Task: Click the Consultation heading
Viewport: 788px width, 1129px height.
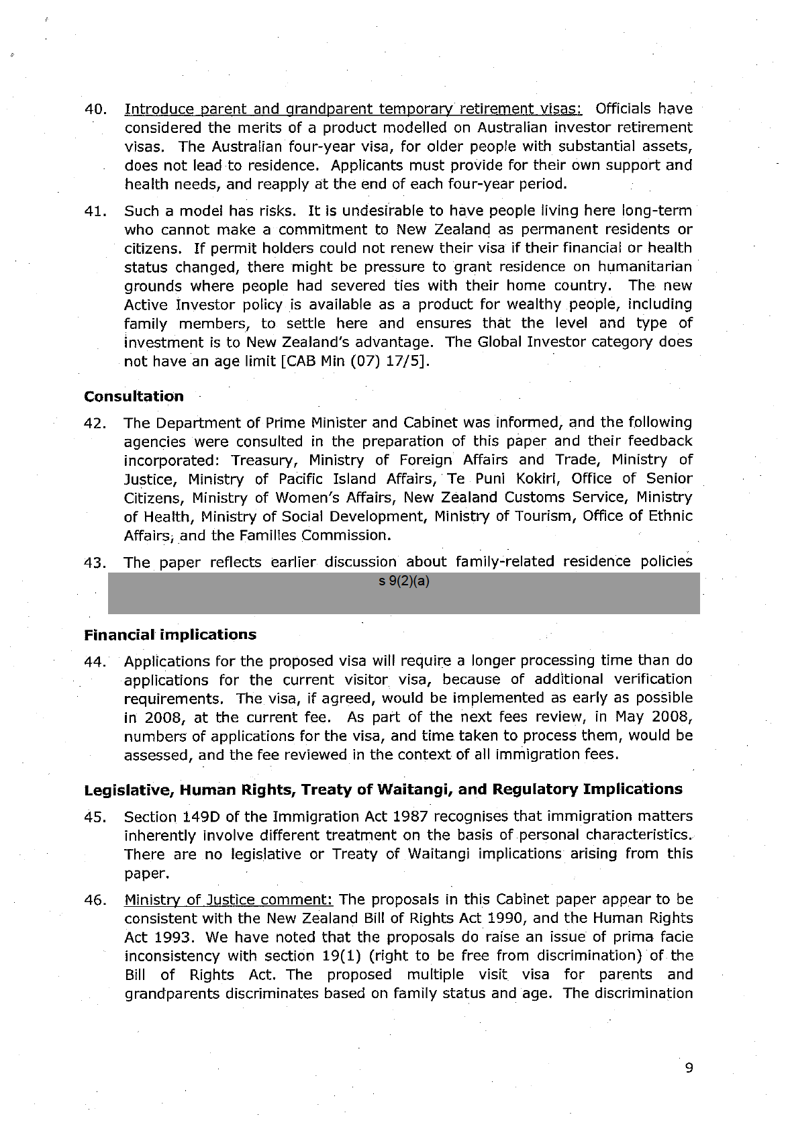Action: [x=134, y=396]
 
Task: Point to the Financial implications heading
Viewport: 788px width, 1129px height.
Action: [x=170, y=634]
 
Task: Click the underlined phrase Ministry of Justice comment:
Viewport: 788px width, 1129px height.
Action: [x=229, y=899]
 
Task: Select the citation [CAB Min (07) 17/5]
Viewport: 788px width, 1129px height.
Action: [x=356, y=361]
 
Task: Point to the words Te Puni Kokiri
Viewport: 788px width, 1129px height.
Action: [x=502, y=479]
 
